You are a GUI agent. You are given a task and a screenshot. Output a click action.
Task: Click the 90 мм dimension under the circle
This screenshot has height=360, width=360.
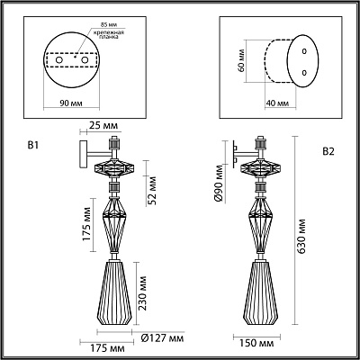pyautogui.click(x=71, y=103)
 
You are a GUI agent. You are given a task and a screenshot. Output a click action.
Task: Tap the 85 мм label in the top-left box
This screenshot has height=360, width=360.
pyautogui.click(x=109, y=23)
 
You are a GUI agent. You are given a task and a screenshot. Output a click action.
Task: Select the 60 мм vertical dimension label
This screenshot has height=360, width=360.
pyautogui.click(x=240, y=60)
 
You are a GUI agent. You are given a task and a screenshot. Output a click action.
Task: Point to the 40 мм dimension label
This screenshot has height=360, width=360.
pyautogui.click(x=277, y=103)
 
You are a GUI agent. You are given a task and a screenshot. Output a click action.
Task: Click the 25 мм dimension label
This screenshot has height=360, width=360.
pyautogui.click(x=103, y=125)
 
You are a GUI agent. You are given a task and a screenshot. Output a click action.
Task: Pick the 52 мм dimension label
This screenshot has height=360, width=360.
pyautogui.click(x=152, y=191)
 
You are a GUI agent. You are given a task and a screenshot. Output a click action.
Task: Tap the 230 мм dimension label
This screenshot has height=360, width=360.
pyautogui.click(x=142, y=293)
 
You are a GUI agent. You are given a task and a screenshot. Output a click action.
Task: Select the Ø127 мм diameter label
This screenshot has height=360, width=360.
pyautogui.click(x=162, y=338)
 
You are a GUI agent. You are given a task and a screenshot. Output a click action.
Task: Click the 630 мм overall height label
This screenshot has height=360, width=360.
pyautogui.click(x=301, y=236)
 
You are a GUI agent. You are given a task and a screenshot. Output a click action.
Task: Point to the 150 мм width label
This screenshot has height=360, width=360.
pyautogui.click(x=256, y=343)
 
